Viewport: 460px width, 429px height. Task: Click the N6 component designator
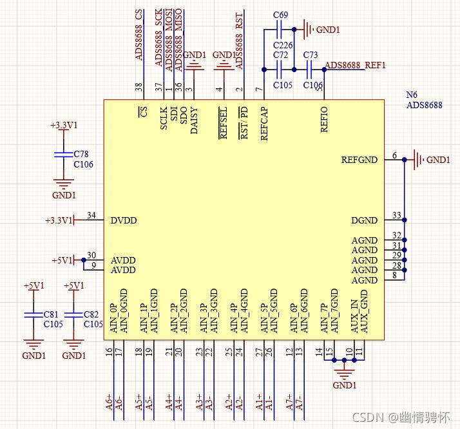[412, 95]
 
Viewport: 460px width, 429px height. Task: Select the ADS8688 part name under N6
[424, 105]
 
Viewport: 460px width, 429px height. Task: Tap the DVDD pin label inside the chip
[124, 220]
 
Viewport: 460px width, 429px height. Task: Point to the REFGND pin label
[359, 160]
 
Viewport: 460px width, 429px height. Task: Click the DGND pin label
[364, 220]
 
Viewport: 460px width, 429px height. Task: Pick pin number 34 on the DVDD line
[91, 216]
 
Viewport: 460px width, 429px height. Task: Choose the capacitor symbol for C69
[280, 30]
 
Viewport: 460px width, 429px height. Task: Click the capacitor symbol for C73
[310, 70]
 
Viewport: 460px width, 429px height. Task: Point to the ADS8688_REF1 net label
[355, 65]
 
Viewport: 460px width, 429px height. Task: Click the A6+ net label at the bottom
[109, 402]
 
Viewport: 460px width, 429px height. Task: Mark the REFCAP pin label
[264, 123]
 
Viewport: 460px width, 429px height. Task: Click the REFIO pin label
[324, 120]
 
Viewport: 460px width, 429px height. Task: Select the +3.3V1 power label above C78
[63, 126]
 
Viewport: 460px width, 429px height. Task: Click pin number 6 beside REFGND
[394, 155]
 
